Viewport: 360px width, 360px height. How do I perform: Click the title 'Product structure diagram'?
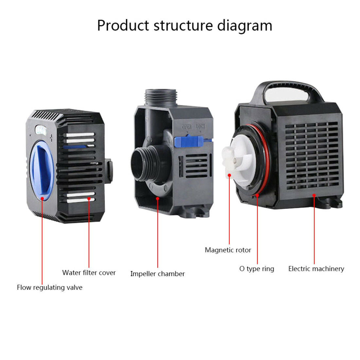(185, 26)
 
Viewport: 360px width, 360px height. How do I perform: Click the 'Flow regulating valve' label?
(50, 287)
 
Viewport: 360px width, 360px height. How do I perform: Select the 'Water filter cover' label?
(89, 273)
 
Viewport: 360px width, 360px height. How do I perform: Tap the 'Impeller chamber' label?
(157, 274)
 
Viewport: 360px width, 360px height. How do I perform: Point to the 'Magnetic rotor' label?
(228, 250)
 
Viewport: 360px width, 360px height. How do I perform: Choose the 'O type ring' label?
(257, 269)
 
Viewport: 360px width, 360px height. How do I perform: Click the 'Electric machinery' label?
(316, 269)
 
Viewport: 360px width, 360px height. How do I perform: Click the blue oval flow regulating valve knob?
(42, 171)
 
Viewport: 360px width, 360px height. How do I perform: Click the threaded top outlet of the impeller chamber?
(161, 97)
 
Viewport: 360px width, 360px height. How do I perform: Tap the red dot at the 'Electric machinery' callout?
(314, 195)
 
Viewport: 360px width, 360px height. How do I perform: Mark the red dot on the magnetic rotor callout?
(229, 175)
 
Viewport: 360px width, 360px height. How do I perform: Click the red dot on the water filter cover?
(89, 198)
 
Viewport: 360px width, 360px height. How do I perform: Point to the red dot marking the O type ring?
(258, 195)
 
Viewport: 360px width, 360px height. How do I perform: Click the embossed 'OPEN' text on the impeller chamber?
(187, 126)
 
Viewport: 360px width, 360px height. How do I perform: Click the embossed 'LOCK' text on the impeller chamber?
(200, 126)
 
